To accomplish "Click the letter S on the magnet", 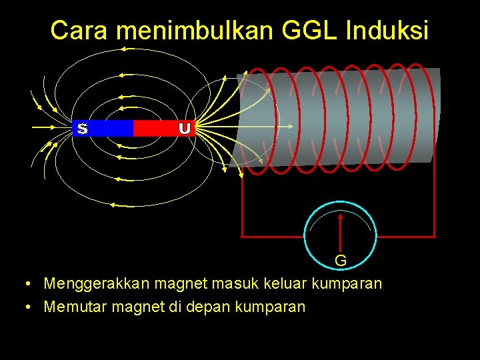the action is (82, 127).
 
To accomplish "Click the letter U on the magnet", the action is (185, 127).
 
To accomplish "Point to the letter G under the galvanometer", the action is (340, 260).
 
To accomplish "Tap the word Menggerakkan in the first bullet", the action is (96, 284).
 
